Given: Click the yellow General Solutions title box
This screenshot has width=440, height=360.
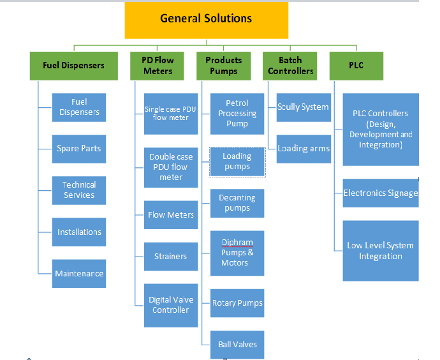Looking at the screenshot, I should pos(206,19).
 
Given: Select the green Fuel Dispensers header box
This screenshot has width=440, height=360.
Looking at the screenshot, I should pos(73,65).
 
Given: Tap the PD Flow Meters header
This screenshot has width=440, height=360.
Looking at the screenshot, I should pos(158,65).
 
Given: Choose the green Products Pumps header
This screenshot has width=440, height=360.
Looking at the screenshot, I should pos(223,65).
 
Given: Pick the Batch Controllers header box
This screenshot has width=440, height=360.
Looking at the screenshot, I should pos(290,65).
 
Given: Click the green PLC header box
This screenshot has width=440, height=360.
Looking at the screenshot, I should pos(356,65).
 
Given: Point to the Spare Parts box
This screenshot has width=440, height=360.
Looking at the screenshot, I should pos(79,149).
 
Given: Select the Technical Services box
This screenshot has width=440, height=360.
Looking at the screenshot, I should pos(79,190).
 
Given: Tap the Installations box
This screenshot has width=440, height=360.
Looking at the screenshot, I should pos(79,232).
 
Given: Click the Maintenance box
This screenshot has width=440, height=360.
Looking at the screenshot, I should pos(79,273).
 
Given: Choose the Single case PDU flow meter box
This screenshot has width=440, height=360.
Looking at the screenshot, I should pos(170,113).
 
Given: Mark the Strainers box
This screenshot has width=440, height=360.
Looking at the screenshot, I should pos(170,257).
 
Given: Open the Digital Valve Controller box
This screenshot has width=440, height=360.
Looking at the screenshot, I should pos(170,304).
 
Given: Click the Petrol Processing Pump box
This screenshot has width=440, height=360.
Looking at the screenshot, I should pos(237,113).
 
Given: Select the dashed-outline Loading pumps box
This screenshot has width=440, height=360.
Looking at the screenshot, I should pos(237,161).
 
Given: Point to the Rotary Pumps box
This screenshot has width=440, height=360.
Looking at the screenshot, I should pos(237,303).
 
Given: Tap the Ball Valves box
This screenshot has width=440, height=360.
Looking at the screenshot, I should pos(237,344).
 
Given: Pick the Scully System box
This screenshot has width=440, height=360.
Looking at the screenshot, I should pos(303,107).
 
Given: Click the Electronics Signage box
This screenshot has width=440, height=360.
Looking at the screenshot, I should pos(380,193).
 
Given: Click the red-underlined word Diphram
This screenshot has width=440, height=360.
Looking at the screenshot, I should pos(237,243).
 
